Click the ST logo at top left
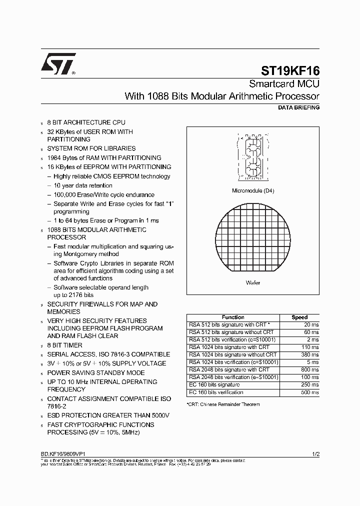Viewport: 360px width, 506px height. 58,64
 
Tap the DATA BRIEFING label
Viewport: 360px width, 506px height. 298,107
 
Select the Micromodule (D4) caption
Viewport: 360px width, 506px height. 253,190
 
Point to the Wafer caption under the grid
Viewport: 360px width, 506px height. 253,282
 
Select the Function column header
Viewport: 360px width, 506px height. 232,317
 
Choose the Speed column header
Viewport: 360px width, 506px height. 299,317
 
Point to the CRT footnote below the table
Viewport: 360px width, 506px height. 223,404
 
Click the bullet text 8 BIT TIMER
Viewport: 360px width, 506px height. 64,345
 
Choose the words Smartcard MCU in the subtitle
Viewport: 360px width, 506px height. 284,84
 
